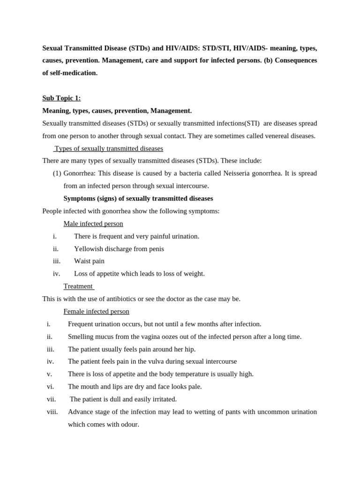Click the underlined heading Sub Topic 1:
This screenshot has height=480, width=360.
tap(61, 98)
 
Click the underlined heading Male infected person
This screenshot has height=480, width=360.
tap(93, 224)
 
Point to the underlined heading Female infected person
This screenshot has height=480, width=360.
tap(96, 311)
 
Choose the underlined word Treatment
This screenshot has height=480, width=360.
tap(78, 286)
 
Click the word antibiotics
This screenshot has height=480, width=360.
tap(118, 299)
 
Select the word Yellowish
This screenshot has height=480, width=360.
tap(89, 249)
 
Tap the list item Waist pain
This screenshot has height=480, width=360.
tap(89, 261)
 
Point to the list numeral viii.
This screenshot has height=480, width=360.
tap(52, 412)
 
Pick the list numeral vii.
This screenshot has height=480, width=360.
tap(51, 399)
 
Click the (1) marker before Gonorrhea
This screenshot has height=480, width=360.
tap(57, 173)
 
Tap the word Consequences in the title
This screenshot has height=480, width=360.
tap(296, 60)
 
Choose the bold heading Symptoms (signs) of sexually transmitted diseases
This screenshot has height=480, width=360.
tap(138, 198)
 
